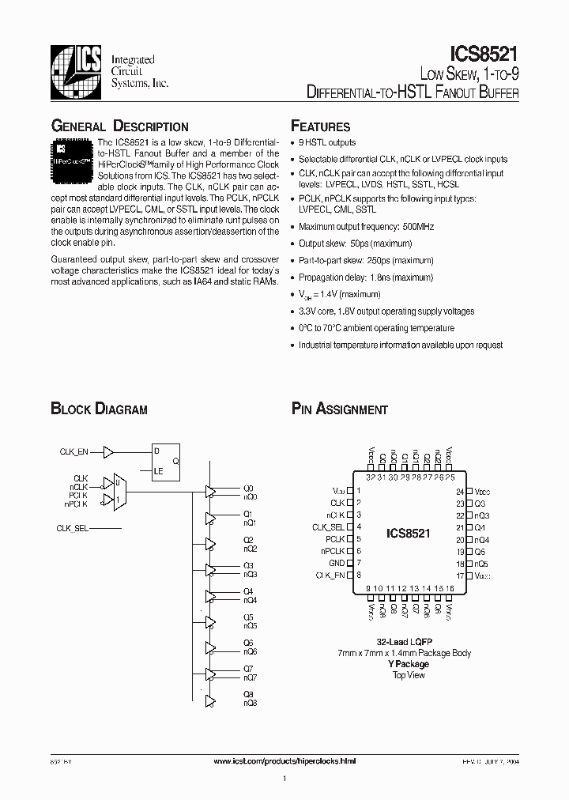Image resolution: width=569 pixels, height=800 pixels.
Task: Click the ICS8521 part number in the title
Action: pos(484,55)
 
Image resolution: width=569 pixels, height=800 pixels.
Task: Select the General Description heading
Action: pos(119,126)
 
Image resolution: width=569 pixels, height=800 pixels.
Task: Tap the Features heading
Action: pos(320,126)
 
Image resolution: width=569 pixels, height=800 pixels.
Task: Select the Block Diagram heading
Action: pos(99,409)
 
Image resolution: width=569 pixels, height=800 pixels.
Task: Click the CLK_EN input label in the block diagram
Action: pos(74,451)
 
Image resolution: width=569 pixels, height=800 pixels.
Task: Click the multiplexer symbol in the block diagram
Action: pos(117,491)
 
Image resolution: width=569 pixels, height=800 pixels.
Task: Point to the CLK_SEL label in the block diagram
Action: pos(73,527)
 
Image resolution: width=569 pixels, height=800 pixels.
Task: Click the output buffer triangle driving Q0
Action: pos(210,491)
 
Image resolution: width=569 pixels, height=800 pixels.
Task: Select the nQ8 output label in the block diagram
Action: pos(250,703)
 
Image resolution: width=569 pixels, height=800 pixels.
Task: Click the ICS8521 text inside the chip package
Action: pos(409,534)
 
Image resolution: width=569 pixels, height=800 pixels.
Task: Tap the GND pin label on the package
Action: pos(337,563)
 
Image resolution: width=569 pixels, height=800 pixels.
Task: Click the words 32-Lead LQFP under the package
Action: pos(409,642)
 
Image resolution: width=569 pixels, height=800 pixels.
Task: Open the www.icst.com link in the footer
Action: pos(285,760)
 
